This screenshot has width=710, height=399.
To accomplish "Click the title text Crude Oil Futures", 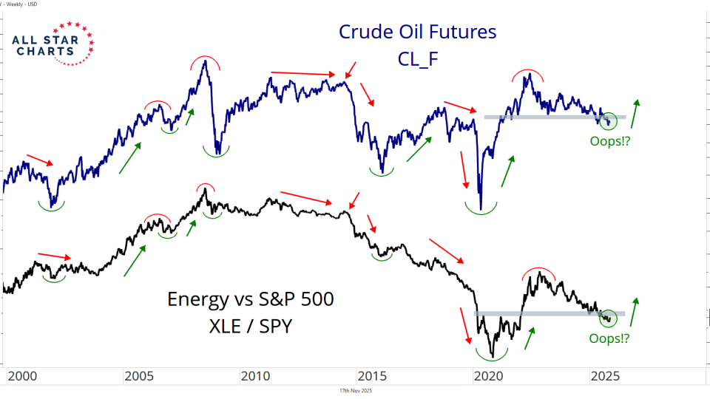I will [x=417, y=33].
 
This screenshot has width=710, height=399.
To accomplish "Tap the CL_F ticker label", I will [x=418, y=58].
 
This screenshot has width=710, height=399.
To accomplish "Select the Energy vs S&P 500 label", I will [x=250, y=299].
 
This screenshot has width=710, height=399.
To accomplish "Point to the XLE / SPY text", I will [x=250, y=325].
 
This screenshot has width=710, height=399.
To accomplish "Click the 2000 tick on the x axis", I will [x=22, y=376].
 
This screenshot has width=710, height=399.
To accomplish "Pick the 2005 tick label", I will [x=139, y=376].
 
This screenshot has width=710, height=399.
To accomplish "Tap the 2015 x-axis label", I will [x=371, y=376].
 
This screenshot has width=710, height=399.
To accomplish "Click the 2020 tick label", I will [x=488, y=376].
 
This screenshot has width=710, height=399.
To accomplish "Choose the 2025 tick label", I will [x=604, y=376].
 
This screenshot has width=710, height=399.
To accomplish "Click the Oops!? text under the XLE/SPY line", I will [x=609, y=338].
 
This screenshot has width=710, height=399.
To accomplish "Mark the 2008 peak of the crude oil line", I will [x=204, y=61].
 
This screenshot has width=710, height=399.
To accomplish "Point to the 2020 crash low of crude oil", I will [x=481, y=209].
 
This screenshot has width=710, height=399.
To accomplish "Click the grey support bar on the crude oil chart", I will [x=555, y=117].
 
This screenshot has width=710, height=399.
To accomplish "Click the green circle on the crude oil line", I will [x=608, y=120].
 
